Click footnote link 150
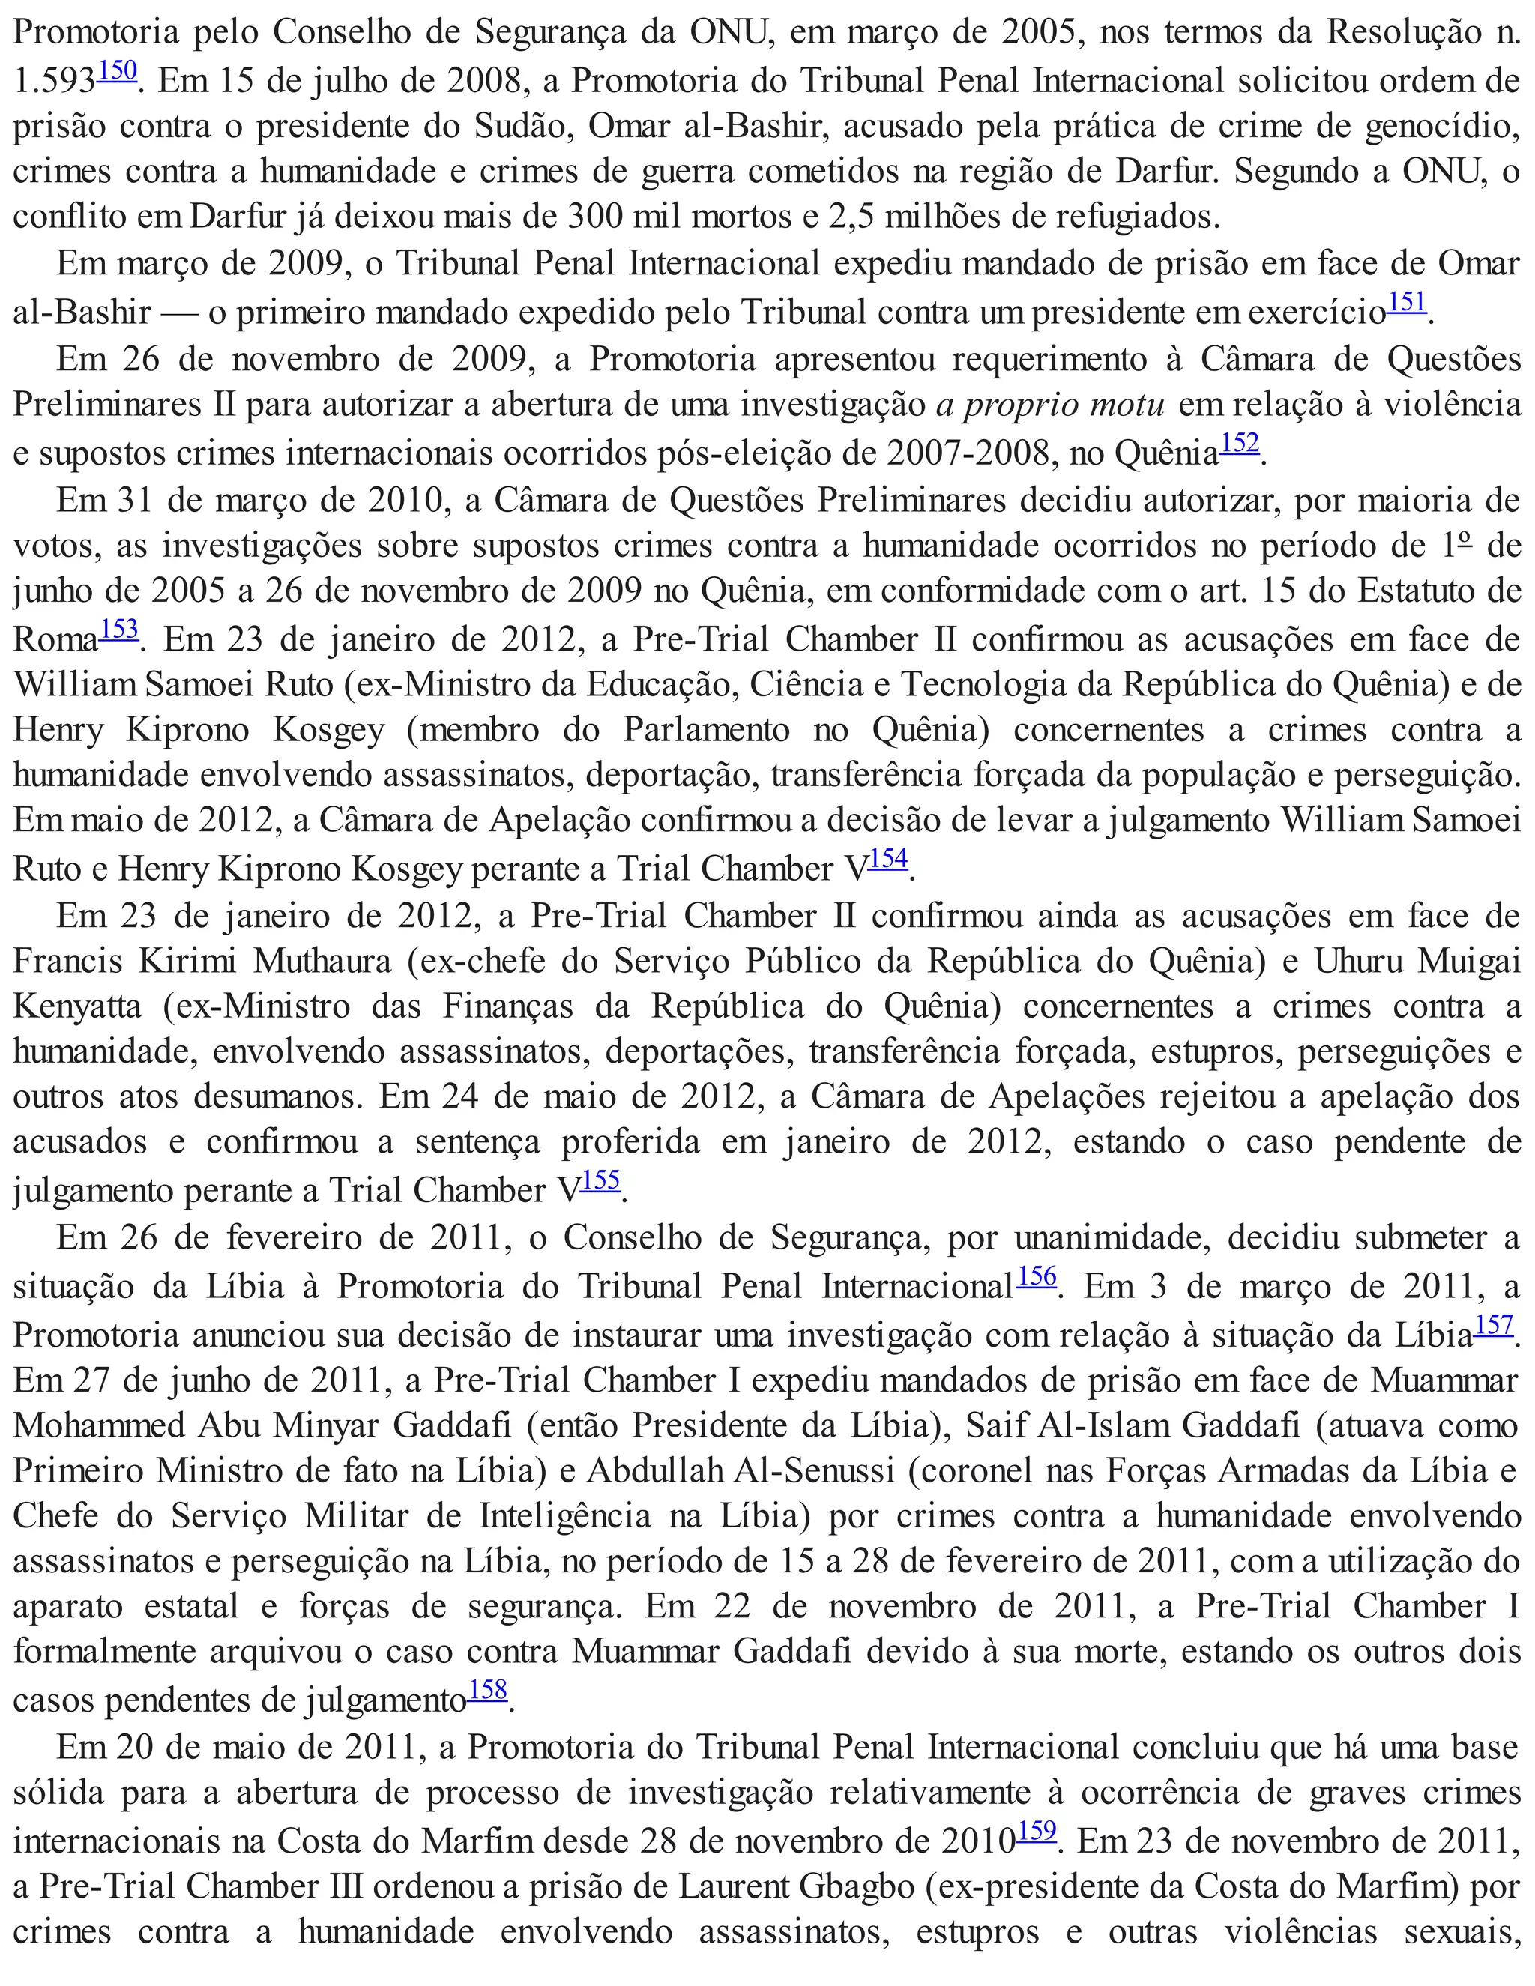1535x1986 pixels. point(118,71)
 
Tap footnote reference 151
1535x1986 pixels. point(1407,302)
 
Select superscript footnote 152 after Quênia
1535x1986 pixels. point(1240,443)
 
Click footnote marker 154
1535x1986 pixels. point(888,858)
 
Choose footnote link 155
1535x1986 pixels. point(601,1180)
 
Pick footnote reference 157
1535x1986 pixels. point(1494,1325)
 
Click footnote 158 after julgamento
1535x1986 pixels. point(489,1689)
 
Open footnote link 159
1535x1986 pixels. point(1037,1829)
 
